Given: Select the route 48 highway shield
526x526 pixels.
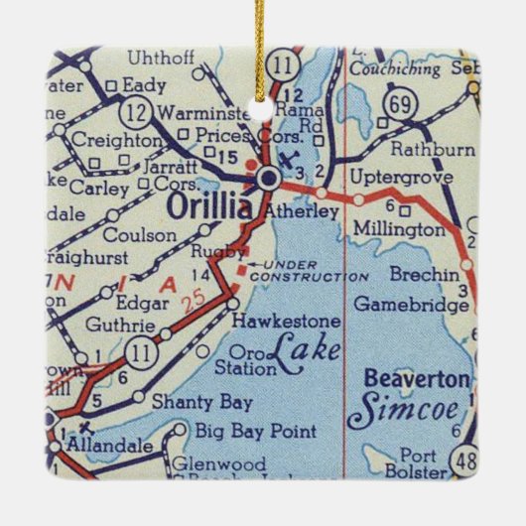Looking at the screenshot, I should [461, 461].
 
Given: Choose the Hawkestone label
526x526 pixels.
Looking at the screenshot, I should [286, 323].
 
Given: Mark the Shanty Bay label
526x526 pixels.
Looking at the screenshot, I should [188, 403].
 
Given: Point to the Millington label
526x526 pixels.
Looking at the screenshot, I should [394, 229].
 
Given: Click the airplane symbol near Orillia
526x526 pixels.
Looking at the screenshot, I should [289, 160].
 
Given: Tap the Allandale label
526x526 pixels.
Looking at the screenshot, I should [109, 448].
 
